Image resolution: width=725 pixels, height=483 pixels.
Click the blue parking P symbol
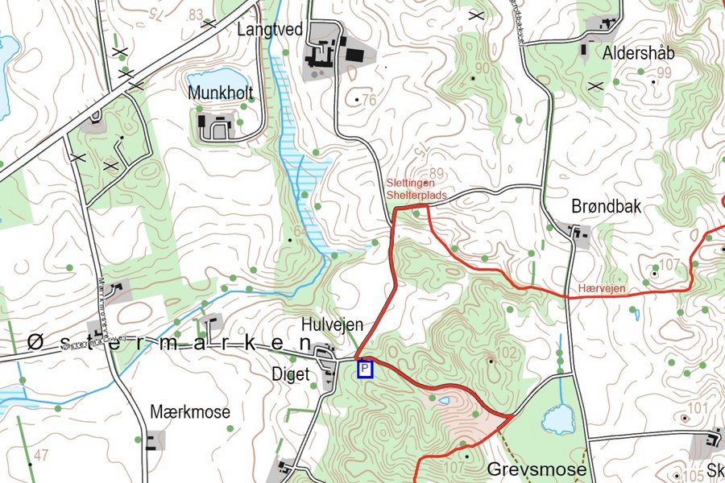366,369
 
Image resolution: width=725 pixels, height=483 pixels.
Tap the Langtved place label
270,30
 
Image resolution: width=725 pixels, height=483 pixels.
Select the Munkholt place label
220,93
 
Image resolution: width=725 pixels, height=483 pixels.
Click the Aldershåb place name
639,53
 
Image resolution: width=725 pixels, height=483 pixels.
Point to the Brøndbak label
606,206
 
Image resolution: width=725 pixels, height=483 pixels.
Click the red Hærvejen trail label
602,287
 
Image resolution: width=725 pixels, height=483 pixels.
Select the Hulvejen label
332,324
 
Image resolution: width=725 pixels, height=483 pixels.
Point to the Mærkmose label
190,412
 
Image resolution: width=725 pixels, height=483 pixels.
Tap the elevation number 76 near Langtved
369,101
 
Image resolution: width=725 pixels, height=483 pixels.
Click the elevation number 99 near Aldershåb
664,73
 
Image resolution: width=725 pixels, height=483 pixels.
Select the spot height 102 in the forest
506,352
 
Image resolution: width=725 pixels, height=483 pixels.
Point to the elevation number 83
195,15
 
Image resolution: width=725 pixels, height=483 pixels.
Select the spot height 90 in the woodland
482,68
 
